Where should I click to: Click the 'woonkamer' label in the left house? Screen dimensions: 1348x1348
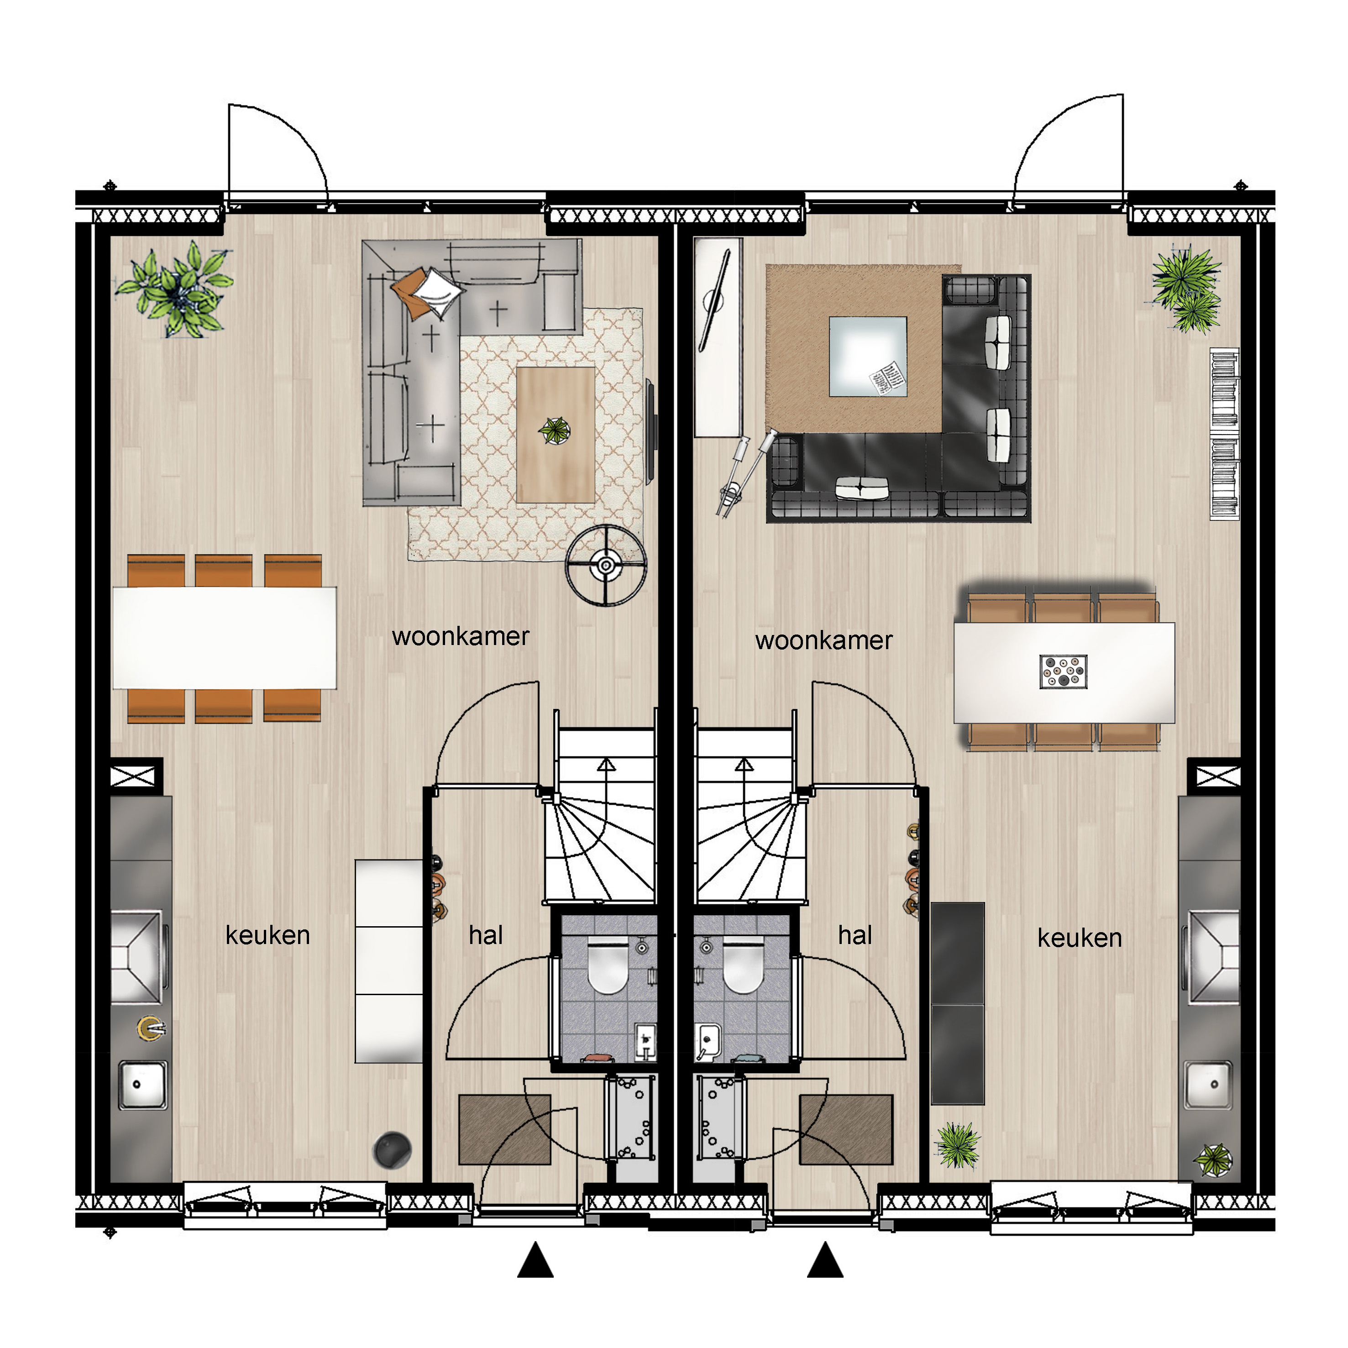[461, 636]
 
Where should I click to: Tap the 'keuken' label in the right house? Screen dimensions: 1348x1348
[1080, 938]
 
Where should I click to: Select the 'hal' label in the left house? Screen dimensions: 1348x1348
[486, 935]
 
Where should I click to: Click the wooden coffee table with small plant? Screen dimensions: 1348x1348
[556, 435]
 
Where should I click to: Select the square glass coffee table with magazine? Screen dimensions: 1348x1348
[868, 357]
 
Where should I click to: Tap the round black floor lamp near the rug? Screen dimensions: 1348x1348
[606, 565]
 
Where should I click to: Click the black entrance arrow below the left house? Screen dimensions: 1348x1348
[535, 1259]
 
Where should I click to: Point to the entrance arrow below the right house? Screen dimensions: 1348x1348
[825, 1259]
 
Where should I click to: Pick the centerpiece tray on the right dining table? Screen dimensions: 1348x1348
[1063, 671]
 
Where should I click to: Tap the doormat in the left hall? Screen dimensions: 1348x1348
[504, 1129]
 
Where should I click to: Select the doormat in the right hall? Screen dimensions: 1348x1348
[846, 1129]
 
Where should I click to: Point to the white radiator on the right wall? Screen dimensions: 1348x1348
[1224, 434]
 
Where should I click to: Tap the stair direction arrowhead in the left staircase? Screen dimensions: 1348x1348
[606, 764]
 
